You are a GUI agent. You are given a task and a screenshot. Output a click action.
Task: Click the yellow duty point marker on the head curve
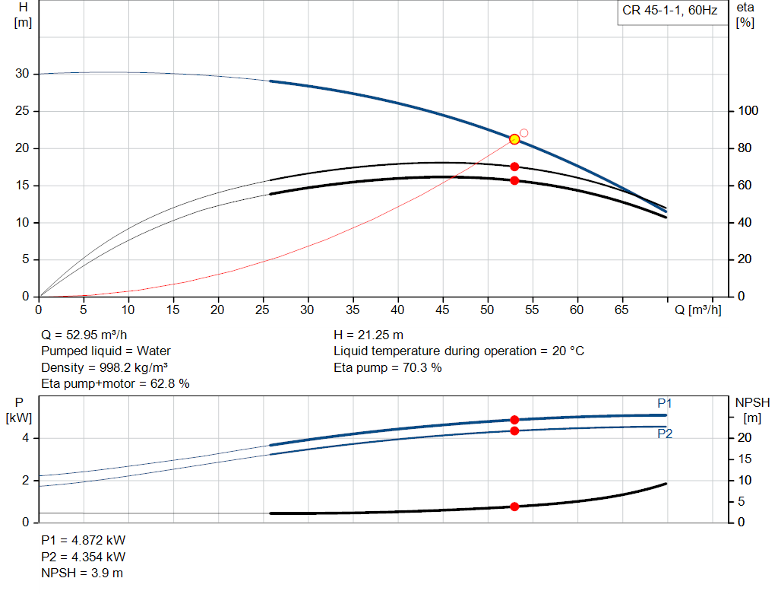[x=514, y=139]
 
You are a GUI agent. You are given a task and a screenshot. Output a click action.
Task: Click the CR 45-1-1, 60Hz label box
[x=668, y=12]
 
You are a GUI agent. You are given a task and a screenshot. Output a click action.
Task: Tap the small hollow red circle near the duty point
[x=523, y=133]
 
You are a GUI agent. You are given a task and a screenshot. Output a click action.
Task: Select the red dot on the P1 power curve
[x=514, y=420]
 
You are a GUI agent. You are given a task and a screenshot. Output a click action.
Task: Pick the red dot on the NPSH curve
[x=514, y=507]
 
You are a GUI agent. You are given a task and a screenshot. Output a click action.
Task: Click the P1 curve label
[x=665, y=403]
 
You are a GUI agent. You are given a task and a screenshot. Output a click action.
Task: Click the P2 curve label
[x=665, y=434]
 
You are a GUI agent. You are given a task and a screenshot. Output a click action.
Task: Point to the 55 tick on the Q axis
[x=532, y=310]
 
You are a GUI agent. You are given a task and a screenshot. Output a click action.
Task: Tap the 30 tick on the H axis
[x=21, y=74]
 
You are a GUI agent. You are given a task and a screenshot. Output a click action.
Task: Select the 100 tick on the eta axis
[x=748, y=111]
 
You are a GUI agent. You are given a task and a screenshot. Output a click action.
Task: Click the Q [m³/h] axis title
[x=697, y=310]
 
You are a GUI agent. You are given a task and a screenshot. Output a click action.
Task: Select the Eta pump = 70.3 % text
[x=387, y=367]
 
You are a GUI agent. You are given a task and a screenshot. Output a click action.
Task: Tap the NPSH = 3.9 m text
[x=82, y=573]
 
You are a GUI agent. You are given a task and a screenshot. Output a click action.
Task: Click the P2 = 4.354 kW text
[x=84, y=556]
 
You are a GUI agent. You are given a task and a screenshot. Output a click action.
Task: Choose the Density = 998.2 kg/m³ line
[x=105, y=367]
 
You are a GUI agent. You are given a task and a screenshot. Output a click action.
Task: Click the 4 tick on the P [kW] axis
[x=26, y=438]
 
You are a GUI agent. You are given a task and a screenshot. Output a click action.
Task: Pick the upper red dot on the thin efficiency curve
[x=514, y=167]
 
